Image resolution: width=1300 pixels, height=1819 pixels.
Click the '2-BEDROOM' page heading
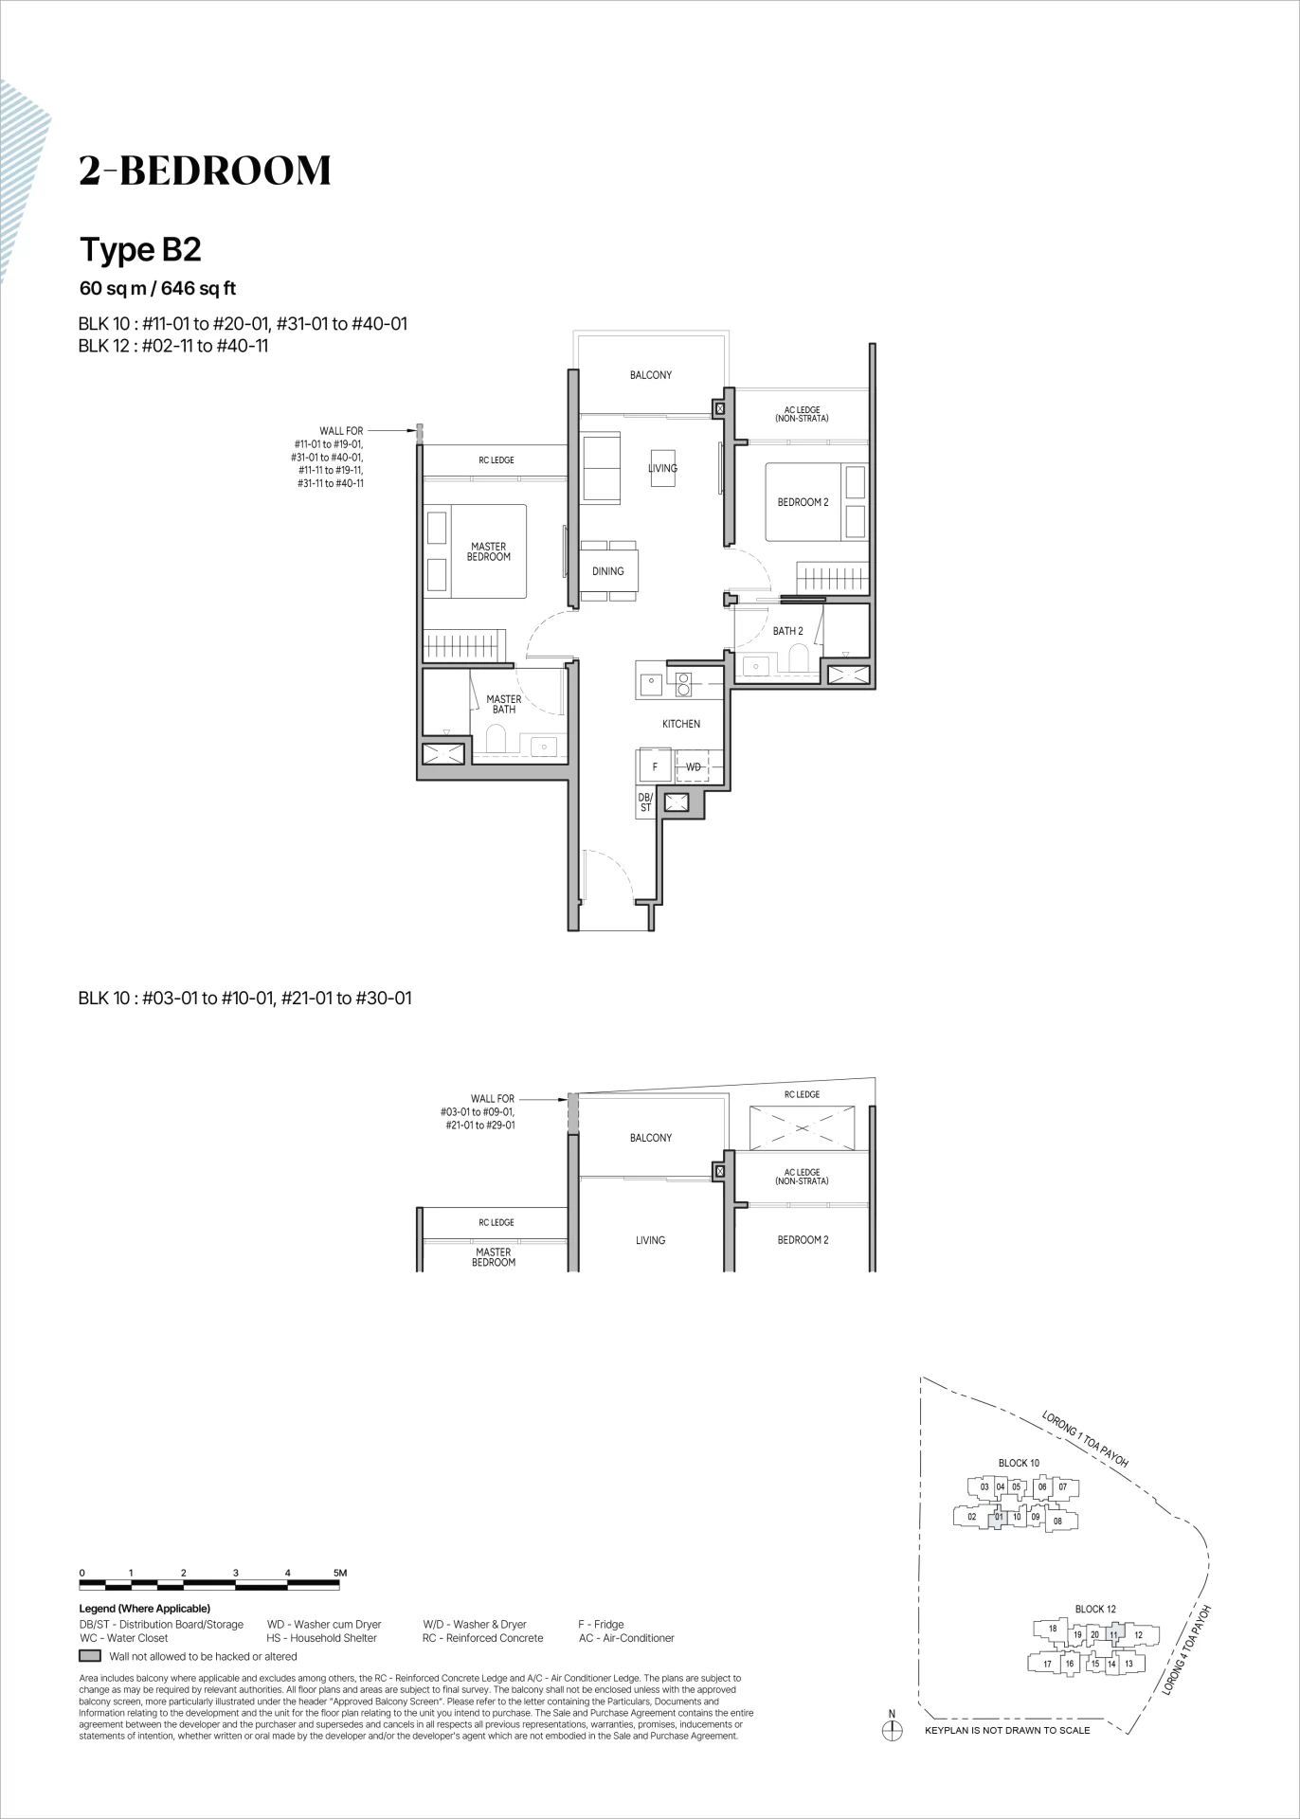coord(206,171)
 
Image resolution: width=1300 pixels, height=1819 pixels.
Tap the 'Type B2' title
coord(140,250)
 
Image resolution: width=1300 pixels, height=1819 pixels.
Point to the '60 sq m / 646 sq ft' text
coord(157,289)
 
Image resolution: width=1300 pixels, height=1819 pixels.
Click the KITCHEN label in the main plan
coord(681,724)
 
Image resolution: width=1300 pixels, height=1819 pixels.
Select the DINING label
coord(608,571)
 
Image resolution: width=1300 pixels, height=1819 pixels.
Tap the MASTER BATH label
coord(504,704)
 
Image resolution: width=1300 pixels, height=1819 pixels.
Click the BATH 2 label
coord(787,631)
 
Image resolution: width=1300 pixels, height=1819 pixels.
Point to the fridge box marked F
coord(653,766)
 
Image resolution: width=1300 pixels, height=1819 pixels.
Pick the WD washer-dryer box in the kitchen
coord(695,766)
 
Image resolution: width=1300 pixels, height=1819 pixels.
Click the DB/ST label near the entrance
coord(646,802)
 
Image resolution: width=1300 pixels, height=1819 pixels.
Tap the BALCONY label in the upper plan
coord(651,375)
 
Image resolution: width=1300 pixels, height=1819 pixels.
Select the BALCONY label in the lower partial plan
coord(651,1138)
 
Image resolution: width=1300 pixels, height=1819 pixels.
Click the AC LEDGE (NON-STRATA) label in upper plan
coord(802,414)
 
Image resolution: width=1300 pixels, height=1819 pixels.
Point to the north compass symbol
coord(892,1730)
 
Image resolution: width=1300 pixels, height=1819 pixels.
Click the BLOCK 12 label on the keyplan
coord(1095,1609)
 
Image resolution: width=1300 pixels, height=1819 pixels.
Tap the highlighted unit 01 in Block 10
coord(999,1517)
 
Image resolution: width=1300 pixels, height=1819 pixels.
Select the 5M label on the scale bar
coord(341,1573)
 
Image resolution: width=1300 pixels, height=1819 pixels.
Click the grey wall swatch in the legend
coord(90,1656)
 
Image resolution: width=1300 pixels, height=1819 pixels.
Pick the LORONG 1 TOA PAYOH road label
coord(1085,1440)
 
